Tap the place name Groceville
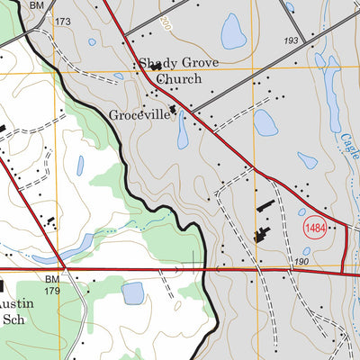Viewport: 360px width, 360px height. pyautogui.click(x=139, y=115)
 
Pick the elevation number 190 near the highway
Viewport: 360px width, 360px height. pyautogui.click(x=276, y=261)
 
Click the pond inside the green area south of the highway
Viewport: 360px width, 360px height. pyautogui.click(x=133, y=293)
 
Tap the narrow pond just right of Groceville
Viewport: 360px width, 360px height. pyautogui.click(x=183, y=131)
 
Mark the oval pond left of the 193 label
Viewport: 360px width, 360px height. pyautogui.click(x=234, y=32)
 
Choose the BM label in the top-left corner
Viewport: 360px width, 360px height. pyautogui.click(x=36, y=5)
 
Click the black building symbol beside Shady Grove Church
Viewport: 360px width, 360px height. pyautogui.click(x=156, y=66)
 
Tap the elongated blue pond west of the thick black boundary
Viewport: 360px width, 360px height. pyautogui.click(x=80, y=165)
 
